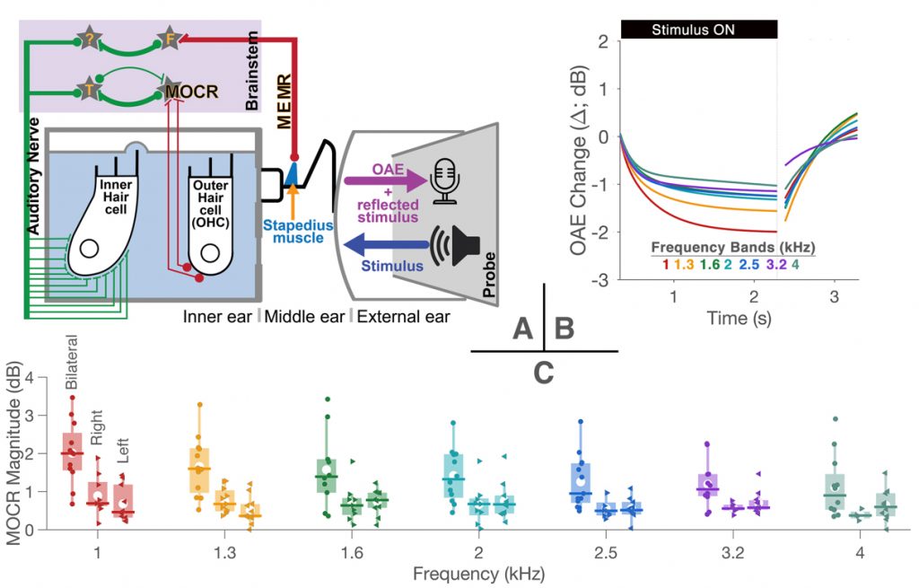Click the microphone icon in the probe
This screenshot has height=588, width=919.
pyautogui.click(x=446, y=179)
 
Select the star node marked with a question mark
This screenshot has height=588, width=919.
pyautogui.click(x=91, y=39)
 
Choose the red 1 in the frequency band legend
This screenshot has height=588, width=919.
pyautogui.click(x=665, y=264)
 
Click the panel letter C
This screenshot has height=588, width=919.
pyautogui.click(x=544, y=371)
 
